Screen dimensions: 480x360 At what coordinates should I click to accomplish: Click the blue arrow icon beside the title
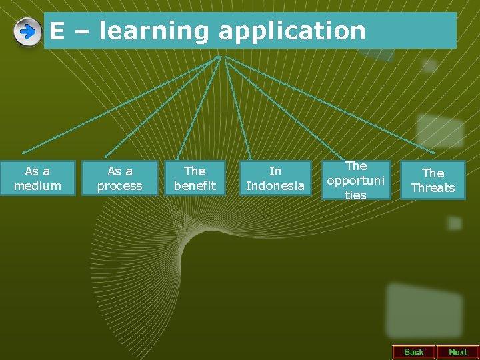(x=27, y=32)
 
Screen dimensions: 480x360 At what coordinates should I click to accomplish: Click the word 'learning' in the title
(x=146, y=31)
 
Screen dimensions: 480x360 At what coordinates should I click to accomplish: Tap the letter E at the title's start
(x=57, y=31)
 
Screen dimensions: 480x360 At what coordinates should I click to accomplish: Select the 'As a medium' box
(x=37, y=178)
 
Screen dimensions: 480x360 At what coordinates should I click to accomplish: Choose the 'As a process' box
(x=120, y=178)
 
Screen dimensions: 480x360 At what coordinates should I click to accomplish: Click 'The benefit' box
(x=195, y=178)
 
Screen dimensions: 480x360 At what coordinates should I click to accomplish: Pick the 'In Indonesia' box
(x=275, y=178)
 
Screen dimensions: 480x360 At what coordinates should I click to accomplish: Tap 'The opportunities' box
(x=356, y=179)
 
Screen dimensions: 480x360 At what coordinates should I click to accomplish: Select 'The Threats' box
(x=433, y=180)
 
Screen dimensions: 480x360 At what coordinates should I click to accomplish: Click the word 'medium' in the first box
(x=37, y=186)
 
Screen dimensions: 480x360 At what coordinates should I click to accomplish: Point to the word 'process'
(x=120, y=186)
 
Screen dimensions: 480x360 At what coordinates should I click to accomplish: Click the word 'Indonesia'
(x=275, y=186)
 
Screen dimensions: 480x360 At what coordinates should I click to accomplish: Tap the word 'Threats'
(x=433, y=188)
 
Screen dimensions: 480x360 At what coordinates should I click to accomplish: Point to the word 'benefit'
(x=195, y=186)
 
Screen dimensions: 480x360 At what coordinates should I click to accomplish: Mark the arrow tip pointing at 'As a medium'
(x=25, y=153)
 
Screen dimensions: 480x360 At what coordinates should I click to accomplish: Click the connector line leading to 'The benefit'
(x=201, y=107)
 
